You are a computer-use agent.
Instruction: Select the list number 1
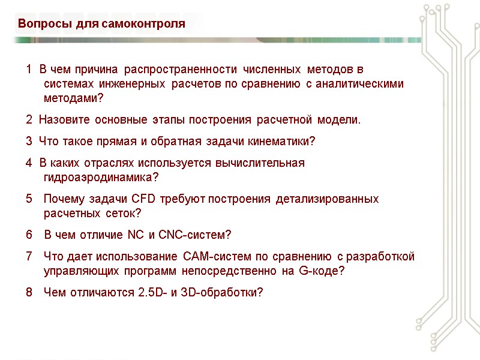[x=29, y=70]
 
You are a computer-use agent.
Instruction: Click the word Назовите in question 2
[x=60, y=120]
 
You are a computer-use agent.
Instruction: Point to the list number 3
[x=29, y=142]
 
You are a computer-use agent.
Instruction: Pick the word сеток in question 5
[x=122, y=214]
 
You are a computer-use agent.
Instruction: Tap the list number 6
[x=29, y=235]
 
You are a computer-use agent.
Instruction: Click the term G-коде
[x=321, y=271]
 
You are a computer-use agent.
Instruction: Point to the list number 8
[x=29, y=292]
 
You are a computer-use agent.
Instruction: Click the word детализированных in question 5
[x=327, y=199]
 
